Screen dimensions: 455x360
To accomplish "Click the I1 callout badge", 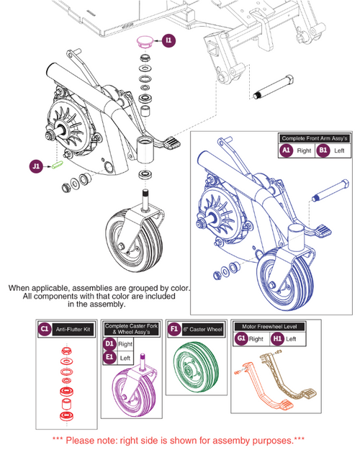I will point(168,41).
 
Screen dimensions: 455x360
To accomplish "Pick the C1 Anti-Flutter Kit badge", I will point(44,329).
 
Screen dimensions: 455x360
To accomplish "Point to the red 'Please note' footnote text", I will point(179,439).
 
